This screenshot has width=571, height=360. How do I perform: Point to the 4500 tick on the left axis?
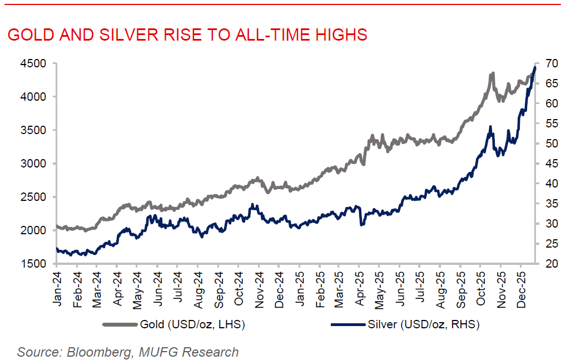point(33,63)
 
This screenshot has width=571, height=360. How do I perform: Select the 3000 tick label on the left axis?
point(33,164)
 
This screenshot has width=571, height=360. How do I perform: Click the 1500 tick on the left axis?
point(33,264)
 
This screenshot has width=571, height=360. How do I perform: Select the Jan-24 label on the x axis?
point(58,285)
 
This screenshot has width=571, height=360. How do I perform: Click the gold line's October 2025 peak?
point(493,73)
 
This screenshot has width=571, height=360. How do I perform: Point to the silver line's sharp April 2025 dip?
point(362,224)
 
